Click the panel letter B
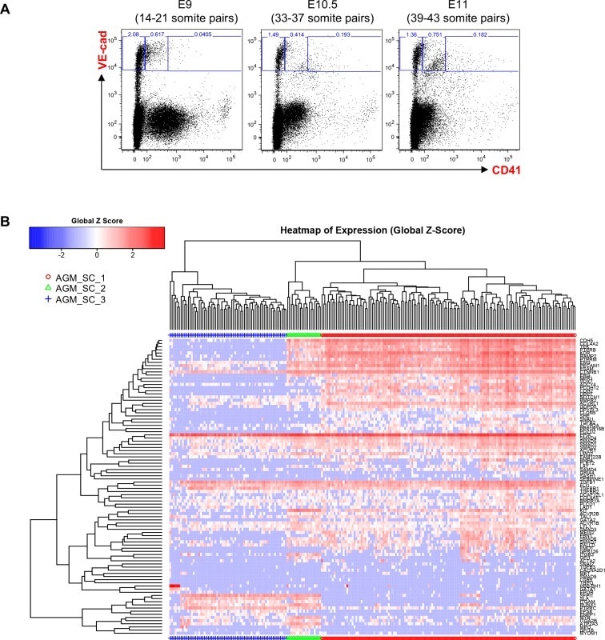click(7, 218)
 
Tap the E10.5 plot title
click(308, 6)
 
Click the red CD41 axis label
click(503, 170)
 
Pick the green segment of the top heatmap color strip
click(303, 333)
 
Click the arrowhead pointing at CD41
click(485, 170)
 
